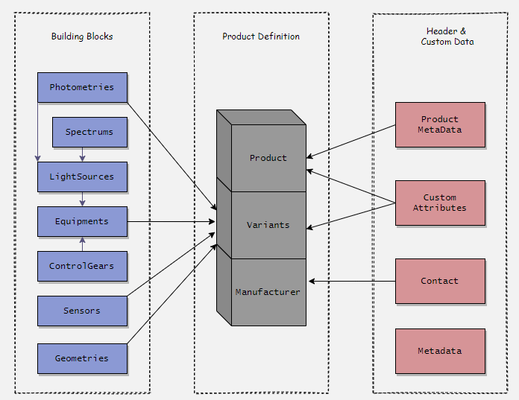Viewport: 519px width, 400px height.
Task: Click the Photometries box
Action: (x=82, y=87)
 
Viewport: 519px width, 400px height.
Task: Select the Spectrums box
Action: (x=89, y=132)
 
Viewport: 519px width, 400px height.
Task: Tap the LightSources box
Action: (x=82, y=177)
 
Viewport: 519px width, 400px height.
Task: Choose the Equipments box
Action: (x=82, y=221)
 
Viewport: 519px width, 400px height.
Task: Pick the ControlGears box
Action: (x=82, y=266)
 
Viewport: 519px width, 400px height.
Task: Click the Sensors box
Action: (x=82, y=311)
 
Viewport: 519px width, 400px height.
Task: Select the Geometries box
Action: (x=82, y=358)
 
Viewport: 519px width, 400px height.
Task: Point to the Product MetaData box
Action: (x=440, y=124)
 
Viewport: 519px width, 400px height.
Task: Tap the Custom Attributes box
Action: (x=440, y=203)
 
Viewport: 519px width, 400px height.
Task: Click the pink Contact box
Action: (x=440, y=281)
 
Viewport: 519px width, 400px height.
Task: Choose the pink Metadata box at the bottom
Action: (x=440, y=351)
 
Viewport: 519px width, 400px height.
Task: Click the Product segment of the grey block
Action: (x=268, y=158)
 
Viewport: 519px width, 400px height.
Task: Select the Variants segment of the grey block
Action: (x=268, y=225)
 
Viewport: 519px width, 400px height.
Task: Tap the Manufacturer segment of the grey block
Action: (x=268, y=292)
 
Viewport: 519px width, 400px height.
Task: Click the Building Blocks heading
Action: (x=82, y=36)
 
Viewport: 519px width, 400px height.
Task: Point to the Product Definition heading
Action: (x=261, y=36)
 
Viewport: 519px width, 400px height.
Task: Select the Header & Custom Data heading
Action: (x=447, y=36)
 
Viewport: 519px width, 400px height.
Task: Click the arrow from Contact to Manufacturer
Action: (x=352, y=281)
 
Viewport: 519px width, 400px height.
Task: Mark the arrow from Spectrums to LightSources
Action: (x=82, y=154)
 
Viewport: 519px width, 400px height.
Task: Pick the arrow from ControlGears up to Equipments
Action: (x=82, y=244)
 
